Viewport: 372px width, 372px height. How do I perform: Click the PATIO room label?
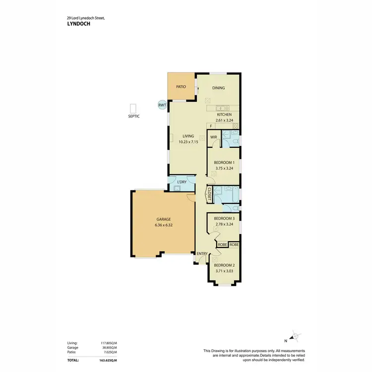181,87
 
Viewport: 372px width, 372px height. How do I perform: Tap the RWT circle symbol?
162,105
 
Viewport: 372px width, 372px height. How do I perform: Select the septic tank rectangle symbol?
132,109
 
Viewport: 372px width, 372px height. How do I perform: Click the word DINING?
219,88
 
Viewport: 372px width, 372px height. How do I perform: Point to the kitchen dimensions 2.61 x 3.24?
224,121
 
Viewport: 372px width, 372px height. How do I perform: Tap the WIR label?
214,137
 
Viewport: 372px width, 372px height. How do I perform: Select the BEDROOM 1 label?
224,162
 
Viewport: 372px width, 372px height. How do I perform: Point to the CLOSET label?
210,193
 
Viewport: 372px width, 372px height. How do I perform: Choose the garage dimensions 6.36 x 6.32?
164,225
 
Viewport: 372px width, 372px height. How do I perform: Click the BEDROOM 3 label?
224,218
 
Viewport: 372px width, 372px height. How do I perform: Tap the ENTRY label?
202,254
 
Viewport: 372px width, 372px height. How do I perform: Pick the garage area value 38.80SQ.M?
108,348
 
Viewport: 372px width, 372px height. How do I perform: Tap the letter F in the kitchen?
210,126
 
